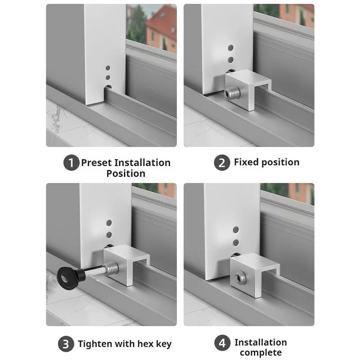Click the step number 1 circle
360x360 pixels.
click(x=71, y=163)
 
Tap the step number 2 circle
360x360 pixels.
click(x=221, y=163)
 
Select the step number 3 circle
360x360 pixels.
click(x=66, y=345)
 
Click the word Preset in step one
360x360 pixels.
click(x=96, y=163)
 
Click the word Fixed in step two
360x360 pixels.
click(x=246, y=162)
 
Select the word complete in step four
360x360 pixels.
click(x=261, y=352)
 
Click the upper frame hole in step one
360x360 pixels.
click(x=108, y=68)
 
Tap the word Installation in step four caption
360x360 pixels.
click(x=261, y=342)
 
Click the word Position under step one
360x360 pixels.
click(x=126, y=174)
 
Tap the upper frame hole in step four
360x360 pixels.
click(x=236, y=230)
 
